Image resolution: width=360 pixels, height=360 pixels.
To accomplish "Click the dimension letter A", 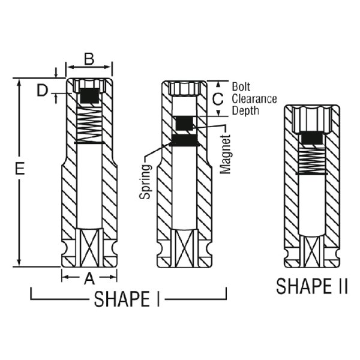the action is (x=89, y=278).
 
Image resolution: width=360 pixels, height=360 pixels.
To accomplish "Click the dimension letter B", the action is (x=89, y=59).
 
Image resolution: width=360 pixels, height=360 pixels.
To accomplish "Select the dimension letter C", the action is (x=218, y=99).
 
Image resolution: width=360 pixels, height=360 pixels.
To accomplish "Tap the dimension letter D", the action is (x=42, y=91).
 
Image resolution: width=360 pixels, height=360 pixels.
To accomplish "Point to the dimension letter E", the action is (x=20, y=169).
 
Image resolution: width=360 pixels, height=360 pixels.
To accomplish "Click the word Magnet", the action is (x=225, y=154).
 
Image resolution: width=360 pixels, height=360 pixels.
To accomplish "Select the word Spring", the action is (x=145, y=181).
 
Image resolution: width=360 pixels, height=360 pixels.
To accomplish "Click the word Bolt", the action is (x=241, y=87).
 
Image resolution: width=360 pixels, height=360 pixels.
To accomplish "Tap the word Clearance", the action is (x=254, y=99).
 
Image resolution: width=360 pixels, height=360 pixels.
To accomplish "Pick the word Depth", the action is (x=245, y=110).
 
